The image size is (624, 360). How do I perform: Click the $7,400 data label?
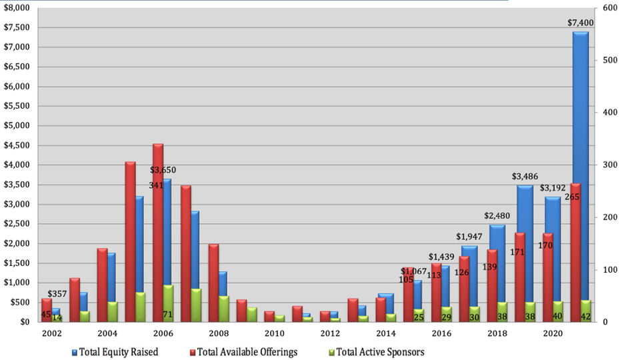[580, 23]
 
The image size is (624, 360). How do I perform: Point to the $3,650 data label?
[163, 170]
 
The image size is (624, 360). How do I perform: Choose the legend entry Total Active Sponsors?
[379, 351]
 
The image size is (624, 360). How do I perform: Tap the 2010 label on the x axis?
[274, 333]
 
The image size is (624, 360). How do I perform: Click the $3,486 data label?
[525, 177]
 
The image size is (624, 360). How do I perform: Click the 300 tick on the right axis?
[608, 165]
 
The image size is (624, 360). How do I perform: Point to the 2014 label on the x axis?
[385, 333]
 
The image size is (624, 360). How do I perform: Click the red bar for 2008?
[213, 280]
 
